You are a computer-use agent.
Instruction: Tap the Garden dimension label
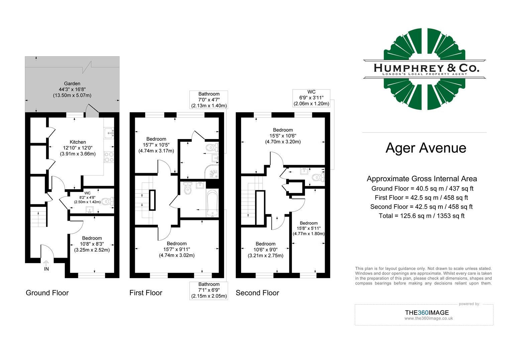72,90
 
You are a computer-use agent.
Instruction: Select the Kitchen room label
78,148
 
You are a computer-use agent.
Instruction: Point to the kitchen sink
109,133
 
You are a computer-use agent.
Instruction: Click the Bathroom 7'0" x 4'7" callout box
209,100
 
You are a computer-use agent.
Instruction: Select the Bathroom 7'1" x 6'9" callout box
209,290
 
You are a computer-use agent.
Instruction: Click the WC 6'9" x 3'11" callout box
311,98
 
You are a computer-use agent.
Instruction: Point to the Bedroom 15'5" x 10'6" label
283,136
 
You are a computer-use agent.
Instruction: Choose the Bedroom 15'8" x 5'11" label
308,228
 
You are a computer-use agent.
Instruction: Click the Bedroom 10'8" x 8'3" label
92,244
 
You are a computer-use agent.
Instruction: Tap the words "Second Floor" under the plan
257,293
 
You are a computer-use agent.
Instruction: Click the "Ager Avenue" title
425,148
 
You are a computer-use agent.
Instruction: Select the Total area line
421,216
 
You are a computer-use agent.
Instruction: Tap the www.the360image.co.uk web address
428,319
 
